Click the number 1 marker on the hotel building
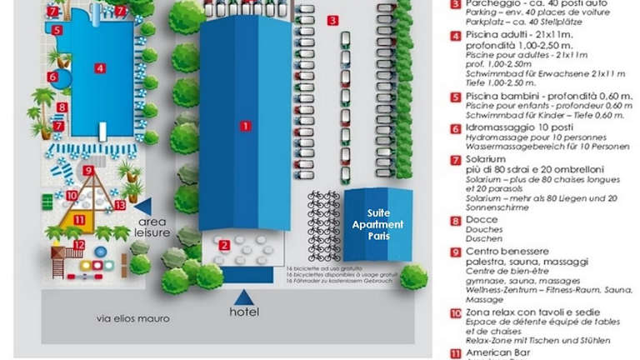[x=245, y=126]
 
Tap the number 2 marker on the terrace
[x=224, y=245]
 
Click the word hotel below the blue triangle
[x=244, y=312]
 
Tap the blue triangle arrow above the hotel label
[x=244, y=296]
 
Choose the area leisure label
[x=152, y=227]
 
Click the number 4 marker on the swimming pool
[x=99, y=67]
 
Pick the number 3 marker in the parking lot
[x=332, y=20]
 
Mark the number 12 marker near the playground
[x=79, y=245]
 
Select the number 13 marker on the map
[x=120, y=204]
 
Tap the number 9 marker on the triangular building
[x=87, y=171]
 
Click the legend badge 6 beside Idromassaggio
[x=456, y=129]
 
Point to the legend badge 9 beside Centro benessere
[x=456, y=252]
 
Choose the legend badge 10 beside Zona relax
[x=456, y=313]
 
